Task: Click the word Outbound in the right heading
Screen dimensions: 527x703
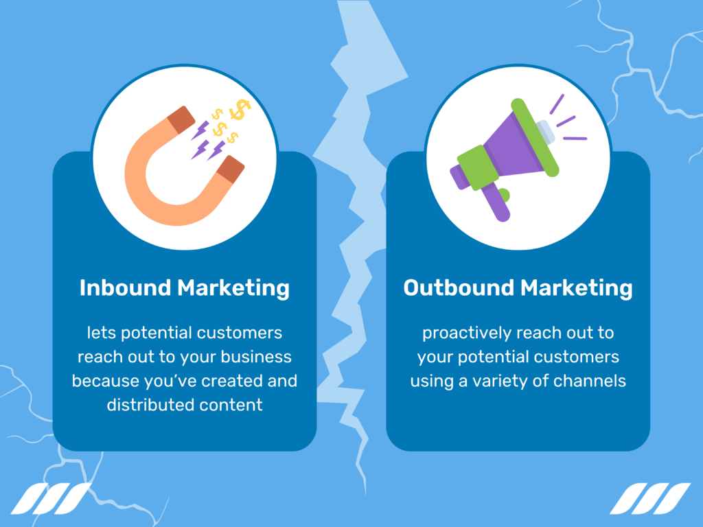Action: [x=458, y=288]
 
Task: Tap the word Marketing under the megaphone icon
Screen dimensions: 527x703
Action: [x=577, y=288]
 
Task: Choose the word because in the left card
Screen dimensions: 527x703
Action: [x=104, y=381]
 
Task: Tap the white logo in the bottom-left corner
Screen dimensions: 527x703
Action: [x=52, y=499]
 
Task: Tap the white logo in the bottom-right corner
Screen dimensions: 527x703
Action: [x=650, y=499]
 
